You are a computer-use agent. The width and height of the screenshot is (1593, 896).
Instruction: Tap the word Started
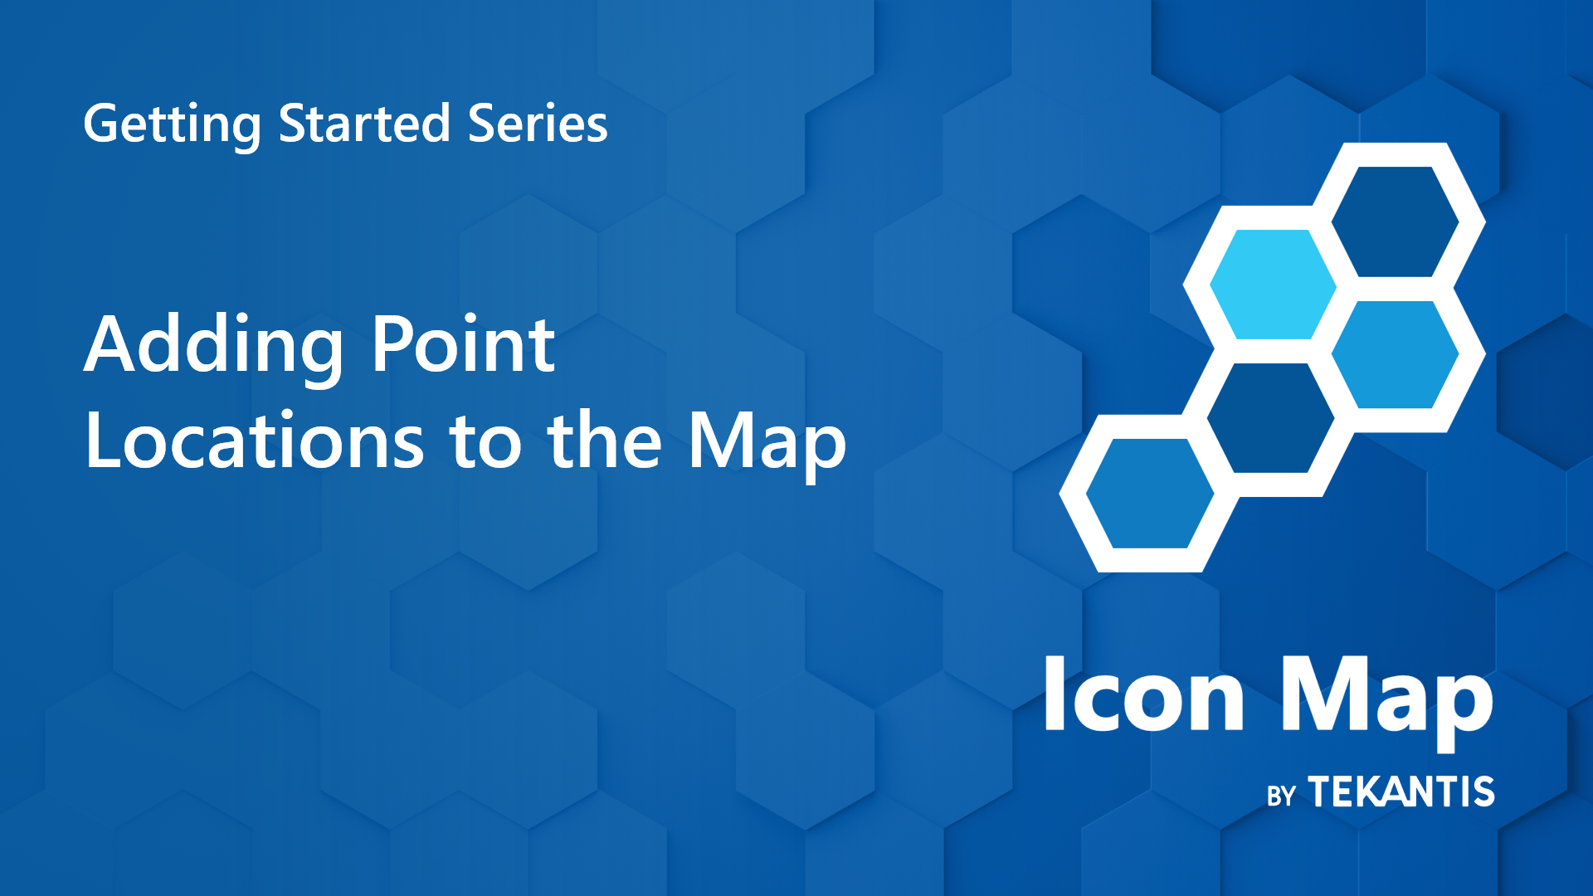(x=363, y=124)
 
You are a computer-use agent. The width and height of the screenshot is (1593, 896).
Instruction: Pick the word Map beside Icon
(x=1385, y=697)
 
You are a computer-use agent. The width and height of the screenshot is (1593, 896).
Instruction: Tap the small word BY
(x=1281, y=796)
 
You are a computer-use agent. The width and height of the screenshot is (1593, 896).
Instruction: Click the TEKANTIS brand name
(x=1401, y=791)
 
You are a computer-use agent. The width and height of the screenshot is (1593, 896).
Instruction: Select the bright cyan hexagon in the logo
(x=1272, y=285)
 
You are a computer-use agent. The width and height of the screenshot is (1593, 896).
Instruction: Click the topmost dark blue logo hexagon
(x=1395, y=222)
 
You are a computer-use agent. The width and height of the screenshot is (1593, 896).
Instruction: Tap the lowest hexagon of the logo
(x=1149, y=493)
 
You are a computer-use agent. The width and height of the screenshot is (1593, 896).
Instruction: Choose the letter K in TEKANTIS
(x=1369, y=791)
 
